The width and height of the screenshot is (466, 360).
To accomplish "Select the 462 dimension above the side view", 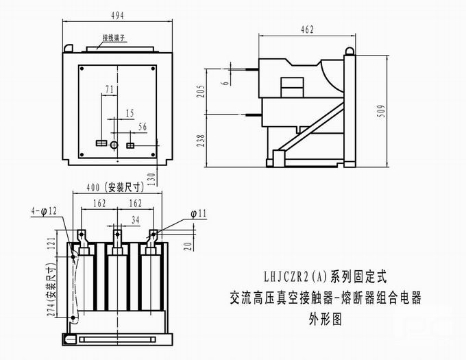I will (307, 29).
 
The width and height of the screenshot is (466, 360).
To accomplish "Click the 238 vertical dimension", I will (199, 141).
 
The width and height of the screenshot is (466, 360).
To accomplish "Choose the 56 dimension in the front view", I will (142, 126).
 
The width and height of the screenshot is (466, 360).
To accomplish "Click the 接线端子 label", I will (116, 38).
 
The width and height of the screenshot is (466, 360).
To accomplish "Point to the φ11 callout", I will (198, 214).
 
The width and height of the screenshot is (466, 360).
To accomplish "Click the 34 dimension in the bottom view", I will (135, 219).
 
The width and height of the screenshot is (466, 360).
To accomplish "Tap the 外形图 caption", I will (326, 319).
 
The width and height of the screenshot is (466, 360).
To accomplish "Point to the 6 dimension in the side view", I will (225, 82).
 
